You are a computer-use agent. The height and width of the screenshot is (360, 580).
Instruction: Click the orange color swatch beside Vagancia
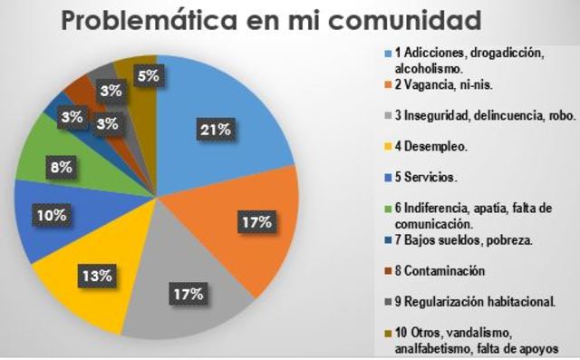tap(387, 85)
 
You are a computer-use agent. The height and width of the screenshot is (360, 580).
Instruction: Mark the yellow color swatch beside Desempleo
tap(387, 144)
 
